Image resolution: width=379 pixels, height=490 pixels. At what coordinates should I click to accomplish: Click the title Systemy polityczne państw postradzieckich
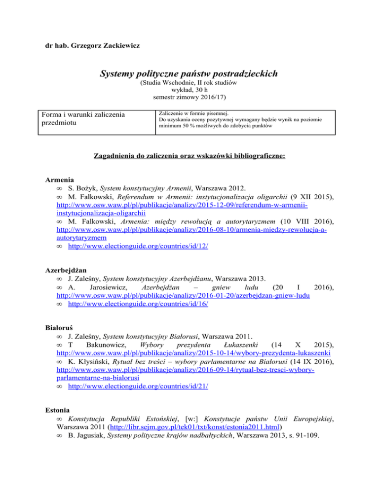pyautogui.click(x=189, y=74)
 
